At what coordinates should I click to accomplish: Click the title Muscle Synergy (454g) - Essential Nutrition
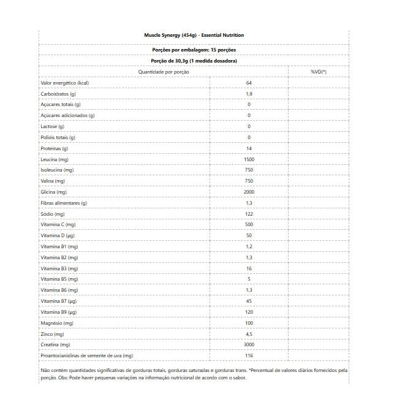coord(194,35)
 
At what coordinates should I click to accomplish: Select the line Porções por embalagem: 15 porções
coord(194,50)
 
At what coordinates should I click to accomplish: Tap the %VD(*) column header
coord(319,72)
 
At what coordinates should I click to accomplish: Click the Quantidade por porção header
coord(164,72)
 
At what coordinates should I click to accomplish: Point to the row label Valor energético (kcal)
coord(65,83)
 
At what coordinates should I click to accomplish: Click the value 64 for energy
coord(249,83)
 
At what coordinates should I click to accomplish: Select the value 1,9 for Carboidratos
coord(249,94)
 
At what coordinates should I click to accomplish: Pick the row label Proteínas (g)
coord(54,148)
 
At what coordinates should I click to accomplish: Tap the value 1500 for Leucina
coord(249,159)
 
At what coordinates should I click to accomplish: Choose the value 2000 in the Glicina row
coord(249,192)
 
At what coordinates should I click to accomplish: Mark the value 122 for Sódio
coord(249,214)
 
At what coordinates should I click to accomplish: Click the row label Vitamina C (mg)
coord(58,225)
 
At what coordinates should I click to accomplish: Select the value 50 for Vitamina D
coord(249,235)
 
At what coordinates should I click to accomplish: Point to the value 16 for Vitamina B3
coord(249,268)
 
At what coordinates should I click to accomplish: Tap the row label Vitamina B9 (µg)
coord(59,312)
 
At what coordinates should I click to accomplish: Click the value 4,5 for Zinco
coord(249,334)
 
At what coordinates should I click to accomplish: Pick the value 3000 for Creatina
coord(249,345)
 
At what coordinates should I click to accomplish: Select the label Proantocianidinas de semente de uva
coord(86,355)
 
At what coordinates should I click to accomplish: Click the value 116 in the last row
coord(249,355)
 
